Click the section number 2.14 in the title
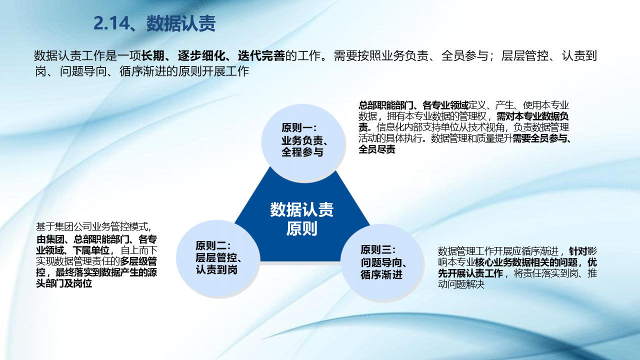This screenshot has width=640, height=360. coord(111,23)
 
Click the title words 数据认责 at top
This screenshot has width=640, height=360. coord(181,23)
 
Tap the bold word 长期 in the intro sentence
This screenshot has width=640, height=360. coord(153,55)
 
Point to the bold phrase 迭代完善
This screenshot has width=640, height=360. coord(261,55)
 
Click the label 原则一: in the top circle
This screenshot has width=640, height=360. coord(299,127)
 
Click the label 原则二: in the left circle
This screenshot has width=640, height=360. coord(213,245)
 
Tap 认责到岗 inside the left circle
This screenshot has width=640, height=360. coord(216,269)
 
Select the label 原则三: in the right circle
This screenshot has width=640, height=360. coord(378,250)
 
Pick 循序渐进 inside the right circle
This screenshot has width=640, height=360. coord(381,274)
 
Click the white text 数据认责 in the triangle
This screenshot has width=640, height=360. coord(302,209)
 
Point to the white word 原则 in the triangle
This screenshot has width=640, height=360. coord(302,228)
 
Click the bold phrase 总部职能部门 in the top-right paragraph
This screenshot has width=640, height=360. coord(386,105)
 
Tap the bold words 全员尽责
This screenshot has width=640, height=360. coord(377,149)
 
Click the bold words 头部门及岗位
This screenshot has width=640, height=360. coord(64,283)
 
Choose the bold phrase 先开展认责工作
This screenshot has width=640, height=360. coord(470,273)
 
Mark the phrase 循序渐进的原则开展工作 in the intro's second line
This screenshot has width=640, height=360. coord(184,71)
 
